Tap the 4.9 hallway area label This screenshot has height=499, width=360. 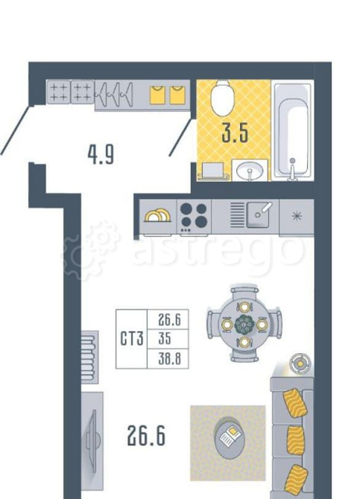pyautogui.click(x=101, y=155)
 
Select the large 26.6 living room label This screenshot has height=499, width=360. pyautogui.click(x=146, y=436)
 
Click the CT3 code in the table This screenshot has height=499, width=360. pyautogui.click(x=132, y=338)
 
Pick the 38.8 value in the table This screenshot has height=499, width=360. pyautogui.click(x=169, y=359)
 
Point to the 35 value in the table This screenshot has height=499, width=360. pyautogui.click(x=165, y=338)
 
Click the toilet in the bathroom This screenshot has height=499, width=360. pyautogui.click(x=223, y=97)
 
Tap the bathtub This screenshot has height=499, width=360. pyautogui.click(x=292, y=130)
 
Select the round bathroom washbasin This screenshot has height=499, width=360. pyautogui.click(x=250, y=171)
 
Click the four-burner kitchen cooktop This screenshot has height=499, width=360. pyautogui.click(x=193, y=217)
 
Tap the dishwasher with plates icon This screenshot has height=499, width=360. pyautogui.click(x=158, y=217)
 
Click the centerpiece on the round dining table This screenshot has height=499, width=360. pyautogui.click(x=244, y=325)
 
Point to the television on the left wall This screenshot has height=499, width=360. pyautogui.click(x=92, y=438)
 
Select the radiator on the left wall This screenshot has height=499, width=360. pyautogui.click(x=89, y=357)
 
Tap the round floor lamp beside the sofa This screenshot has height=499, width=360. pyautogui.click(x=300, y=363)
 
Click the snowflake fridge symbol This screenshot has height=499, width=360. pyautogui.click(x=297, y=217)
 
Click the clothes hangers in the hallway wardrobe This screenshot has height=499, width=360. pyautogui.click(x=114, y=94)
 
